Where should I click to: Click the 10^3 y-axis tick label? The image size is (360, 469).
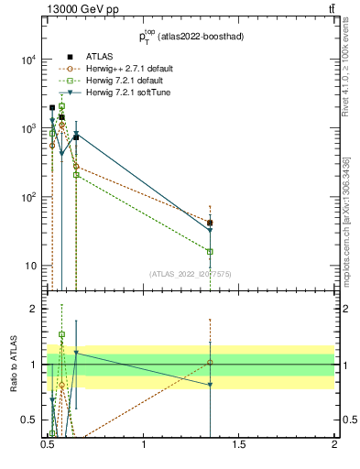27,129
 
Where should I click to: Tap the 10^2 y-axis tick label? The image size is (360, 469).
27,198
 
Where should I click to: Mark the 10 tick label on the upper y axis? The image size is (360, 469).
30,267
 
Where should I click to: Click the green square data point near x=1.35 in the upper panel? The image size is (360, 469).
211,251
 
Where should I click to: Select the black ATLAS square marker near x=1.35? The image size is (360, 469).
211,223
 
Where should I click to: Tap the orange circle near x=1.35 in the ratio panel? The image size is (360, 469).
211,363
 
